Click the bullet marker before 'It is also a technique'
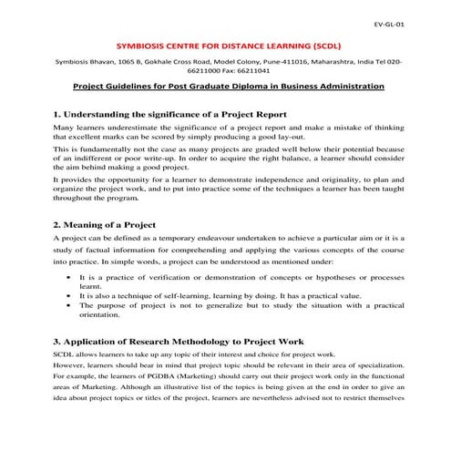pos(70,296)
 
